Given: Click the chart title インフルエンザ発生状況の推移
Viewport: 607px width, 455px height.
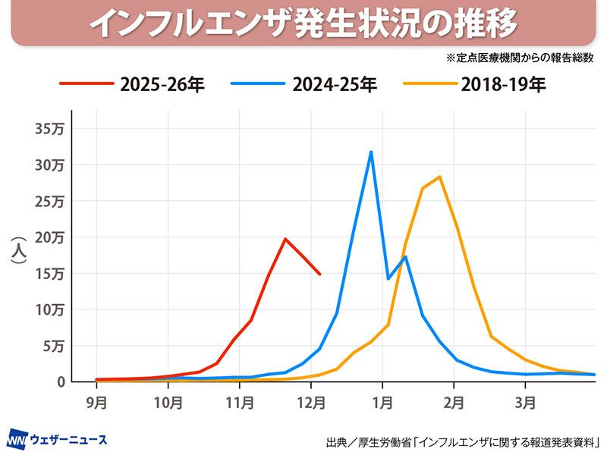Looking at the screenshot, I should pyautogui.click(x=303, y=24).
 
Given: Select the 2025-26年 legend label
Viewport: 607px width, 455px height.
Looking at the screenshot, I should pyautogui.click(x=162, y=84).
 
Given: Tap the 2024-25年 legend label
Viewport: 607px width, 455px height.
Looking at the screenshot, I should pyautogui.click(x=335, y=84).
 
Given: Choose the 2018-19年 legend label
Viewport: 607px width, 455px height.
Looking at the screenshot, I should pyautogui.click(x=503, y=84).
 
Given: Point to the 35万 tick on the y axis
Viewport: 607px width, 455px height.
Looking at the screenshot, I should pyautogui.click(x=49, y=128).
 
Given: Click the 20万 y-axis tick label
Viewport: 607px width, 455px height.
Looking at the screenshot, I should pyautogui.click(x=49, y=237).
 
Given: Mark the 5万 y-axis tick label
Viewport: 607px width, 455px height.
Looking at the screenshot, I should pyautogui.click(x=52, y=347).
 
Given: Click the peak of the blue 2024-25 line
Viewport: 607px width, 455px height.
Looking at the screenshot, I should pyautogui.click(x=370, y=152).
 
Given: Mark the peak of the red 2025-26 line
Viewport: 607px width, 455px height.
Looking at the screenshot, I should pyautogui.click(x=285, y=239).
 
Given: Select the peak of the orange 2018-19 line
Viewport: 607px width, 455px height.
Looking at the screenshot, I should pyautogui.click(x=439, y=177).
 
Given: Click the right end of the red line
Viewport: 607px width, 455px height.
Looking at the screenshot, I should pyautogui.click(x=319, y=274).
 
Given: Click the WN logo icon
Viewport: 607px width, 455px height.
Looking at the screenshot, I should pyautogui.click(x=17, y=439).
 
